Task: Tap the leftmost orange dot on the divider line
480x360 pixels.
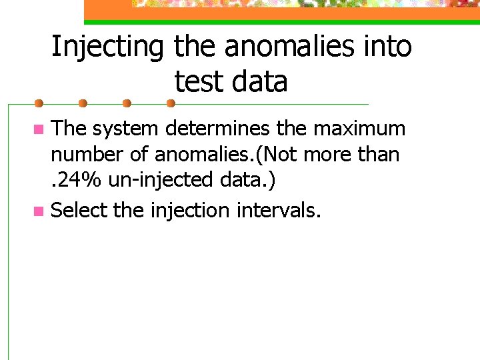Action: pos(39,103)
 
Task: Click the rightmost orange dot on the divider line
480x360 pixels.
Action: pos(170,103)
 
